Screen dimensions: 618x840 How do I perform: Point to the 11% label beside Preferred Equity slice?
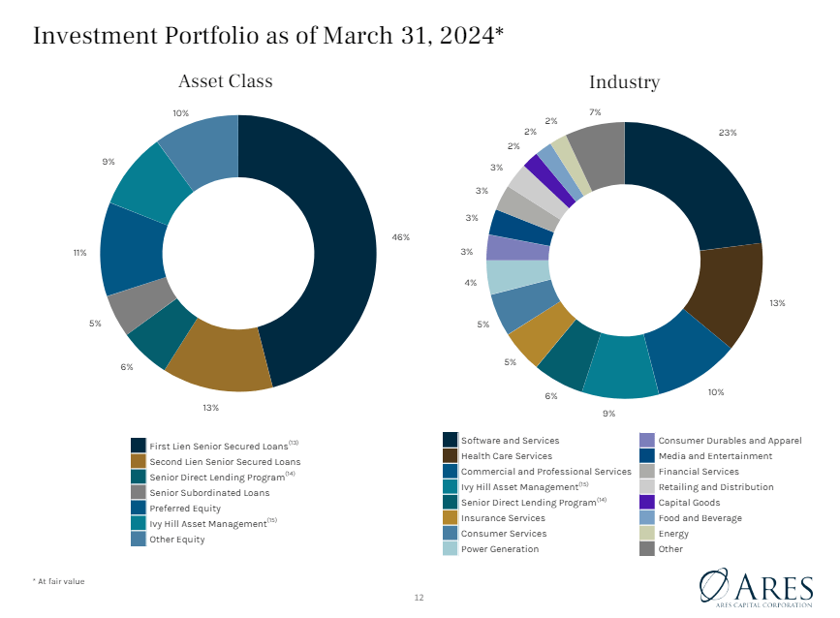click(x=79, y=253)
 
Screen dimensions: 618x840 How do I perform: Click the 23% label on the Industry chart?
click(x=728, y=133)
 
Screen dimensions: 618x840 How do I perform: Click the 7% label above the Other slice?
click(x=595, y=112)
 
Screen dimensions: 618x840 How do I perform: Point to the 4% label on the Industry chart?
click(x=470, y=283)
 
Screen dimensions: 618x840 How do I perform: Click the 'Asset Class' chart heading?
click(x=225, y=81)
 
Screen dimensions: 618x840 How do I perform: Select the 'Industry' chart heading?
click(x=624, y=82)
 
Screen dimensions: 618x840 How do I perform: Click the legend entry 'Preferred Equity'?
click(x=184, y=508)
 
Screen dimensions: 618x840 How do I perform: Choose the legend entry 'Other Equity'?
click(x=176, y=540)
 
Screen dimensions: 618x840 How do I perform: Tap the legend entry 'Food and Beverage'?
click(x=700, y=517)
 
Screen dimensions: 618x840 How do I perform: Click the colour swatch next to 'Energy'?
click(x=647, y=534)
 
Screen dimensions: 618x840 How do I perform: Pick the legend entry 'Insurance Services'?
click(x=503, y=517)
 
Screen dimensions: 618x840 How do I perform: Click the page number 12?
click(x=420, y=598)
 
